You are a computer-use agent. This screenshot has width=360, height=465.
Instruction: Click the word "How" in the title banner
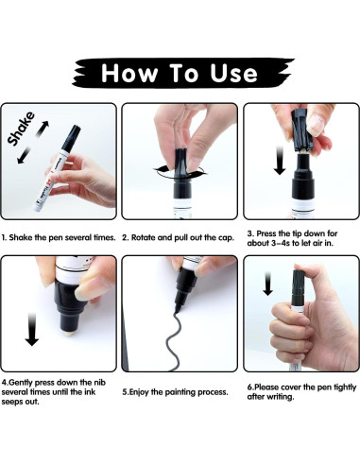(129, 73)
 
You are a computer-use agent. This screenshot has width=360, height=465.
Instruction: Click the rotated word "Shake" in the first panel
(21, 129)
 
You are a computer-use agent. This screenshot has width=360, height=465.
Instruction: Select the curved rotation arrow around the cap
(180, 172)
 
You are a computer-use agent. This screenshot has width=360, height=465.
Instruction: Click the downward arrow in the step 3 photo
(280, 161)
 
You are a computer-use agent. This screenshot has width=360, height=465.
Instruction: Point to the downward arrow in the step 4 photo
(31, 329)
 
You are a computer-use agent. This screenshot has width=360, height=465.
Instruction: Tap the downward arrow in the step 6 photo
(267, 284)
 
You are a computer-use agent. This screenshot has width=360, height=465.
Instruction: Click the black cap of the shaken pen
(71, 138)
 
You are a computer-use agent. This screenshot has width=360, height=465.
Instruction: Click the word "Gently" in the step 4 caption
(21, 383)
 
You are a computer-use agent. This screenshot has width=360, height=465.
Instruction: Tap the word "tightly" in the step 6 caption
(345, 387)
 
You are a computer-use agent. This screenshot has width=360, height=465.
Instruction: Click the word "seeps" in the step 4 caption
(11, 403)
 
